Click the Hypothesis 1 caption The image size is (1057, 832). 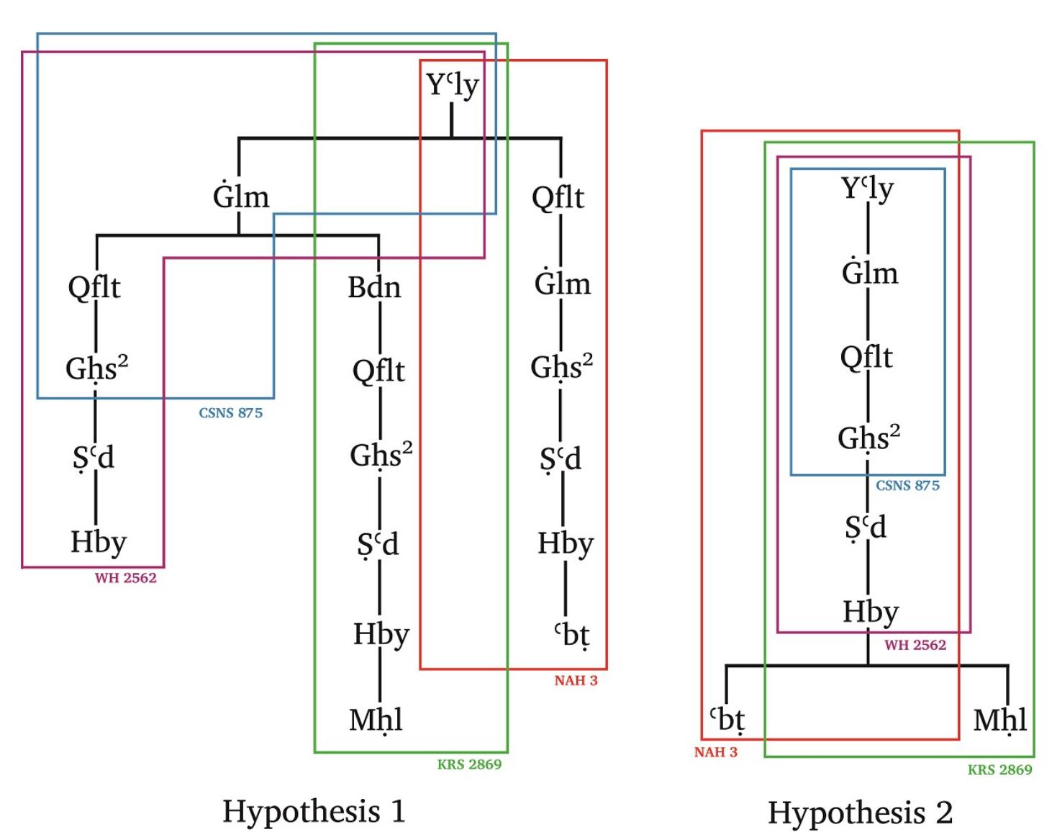pyautogui.click(x=314, y=811)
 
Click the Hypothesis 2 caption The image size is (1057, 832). pyautogui.click(x=860, y=813)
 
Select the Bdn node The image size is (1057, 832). pyautogui.click(x=374, y=287)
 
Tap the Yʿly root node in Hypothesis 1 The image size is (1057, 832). pyautogui.click(x=452, y=85)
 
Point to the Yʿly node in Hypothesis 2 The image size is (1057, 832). pyautogui.click(x=868, y=188)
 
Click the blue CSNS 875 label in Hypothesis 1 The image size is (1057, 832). pyautogui.click(x=230, y=413)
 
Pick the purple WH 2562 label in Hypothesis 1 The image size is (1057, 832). pyautogui.click(x=125, y=578)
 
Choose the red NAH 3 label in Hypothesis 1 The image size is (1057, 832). pyautogui.click(x=576, y=680)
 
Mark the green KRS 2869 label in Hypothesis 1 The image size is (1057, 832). pyautogui.click(x=469, y=764)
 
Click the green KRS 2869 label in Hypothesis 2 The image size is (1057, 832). pyautogui.click(x=999, y=770)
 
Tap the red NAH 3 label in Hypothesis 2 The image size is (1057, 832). pyautogui.click(x=715, y=752)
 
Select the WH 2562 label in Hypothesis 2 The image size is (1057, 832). pyautogui.click(x=915, y=645)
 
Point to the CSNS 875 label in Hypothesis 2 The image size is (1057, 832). pyautogui.click(x=907, y=486)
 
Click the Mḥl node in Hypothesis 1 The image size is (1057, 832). pyautogui.click(x=376, y=720)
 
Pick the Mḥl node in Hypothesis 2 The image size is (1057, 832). pyautogui.click(x=999, y=720)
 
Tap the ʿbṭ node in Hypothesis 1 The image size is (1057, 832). pyautogui.click(x=572, y=635)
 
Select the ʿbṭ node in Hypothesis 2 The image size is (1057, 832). pyautogui.click(x=727, y=719)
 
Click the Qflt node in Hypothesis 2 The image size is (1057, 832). pyautogui.click(x=866, y=357)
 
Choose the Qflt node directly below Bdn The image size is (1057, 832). pyautogui.click(x=378, y=371)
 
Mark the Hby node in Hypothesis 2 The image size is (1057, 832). pyautogui.click(x=871, y=612)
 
